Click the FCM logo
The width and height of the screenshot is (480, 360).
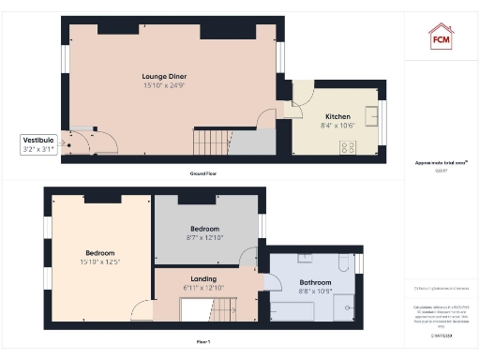441,37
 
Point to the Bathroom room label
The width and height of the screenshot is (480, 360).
315,281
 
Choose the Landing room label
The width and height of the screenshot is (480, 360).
203,278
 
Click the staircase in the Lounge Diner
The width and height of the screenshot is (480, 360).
211,142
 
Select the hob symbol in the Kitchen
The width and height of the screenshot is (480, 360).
350,145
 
